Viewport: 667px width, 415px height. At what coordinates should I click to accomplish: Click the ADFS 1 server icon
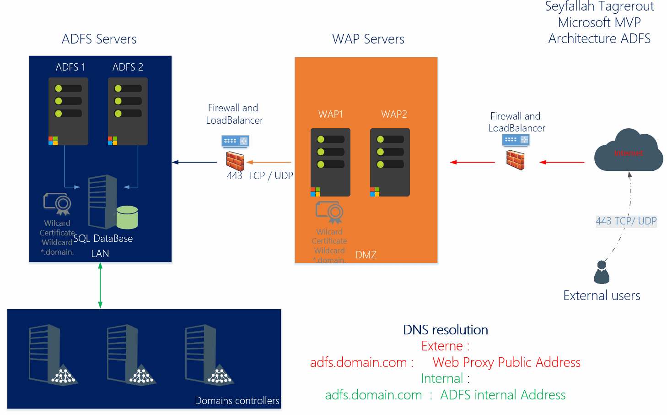click(x=68, y=111)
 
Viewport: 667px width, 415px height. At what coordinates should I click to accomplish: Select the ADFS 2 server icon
click(x=128, y=111)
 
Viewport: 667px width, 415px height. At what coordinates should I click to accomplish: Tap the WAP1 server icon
click(x=330, y=163)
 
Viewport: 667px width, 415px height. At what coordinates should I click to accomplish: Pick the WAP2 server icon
click(x=390, y=163)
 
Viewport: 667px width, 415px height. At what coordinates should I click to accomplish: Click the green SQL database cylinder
click(x=127, y=218)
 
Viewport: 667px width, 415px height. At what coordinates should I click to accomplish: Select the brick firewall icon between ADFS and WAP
click(x=235, y=161)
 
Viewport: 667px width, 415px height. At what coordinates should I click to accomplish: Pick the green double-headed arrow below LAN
click(x=100, y=285)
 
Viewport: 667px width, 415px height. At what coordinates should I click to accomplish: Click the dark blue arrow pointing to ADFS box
click(x=194, y=162)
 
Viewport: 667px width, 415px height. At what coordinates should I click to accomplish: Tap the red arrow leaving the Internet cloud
click(x=562, y=162)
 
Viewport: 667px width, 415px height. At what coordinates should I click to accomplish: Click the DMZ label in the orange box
click(x=366, y=255)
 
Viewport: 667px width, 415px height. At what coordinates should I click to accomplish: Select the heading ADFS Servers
click(x=99, y=39)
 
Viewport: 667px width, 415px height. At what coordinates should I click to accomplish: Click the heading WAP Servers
click(x=368, y=39)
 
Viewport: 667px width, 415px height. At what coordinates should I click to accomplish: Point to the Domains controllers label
click(x=237, y=401)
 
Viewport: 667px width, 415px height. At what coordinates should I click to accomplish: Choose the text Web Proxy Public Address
click(x=506, y=362)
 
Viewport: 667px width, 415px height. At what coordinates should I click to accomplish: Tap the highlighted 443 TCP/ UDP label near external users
click(x=626, y=221)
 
